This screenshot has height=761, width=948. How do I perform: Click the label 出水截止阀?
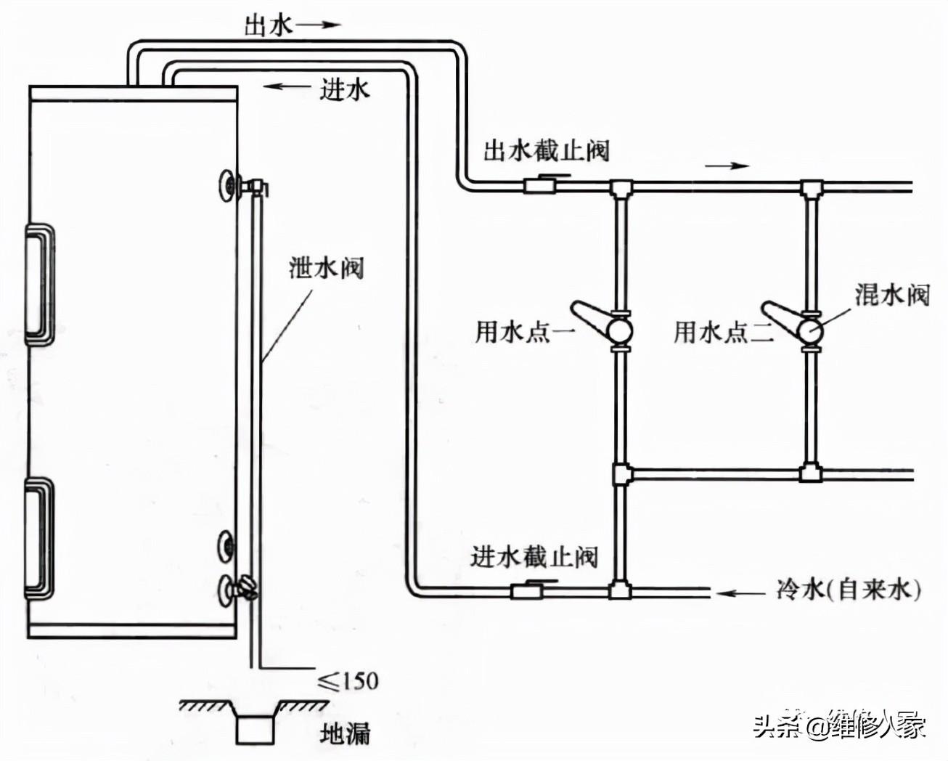pos(546,151)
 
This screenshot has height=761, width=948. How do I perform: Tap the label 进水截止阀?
pos(534,557)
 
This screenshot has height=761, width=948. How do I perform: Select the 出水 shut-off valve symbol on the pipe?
pos(540,185)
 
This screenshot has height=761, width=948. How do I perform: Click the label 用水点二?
pos(720,333)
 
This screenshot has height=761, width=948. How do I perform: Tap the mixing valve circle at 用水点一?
pos(619,331)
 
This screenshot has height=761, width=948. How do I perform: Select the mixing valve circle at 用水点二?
pos(810,331)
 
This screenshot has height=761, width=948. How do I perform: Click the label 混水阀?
pos(892,295)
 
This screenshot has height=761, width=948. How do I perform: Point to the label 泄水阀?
pos(326,268)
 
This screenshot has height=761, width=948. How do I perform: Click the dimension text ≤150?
pos(348,680)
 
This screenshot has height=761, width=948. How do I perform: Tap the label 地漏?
pos(345,733)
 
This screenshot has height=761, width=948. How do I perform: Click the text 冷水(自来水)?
pos(848,589)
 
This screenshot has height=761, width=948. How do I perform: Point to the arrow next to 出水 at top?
pos(319,25)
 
